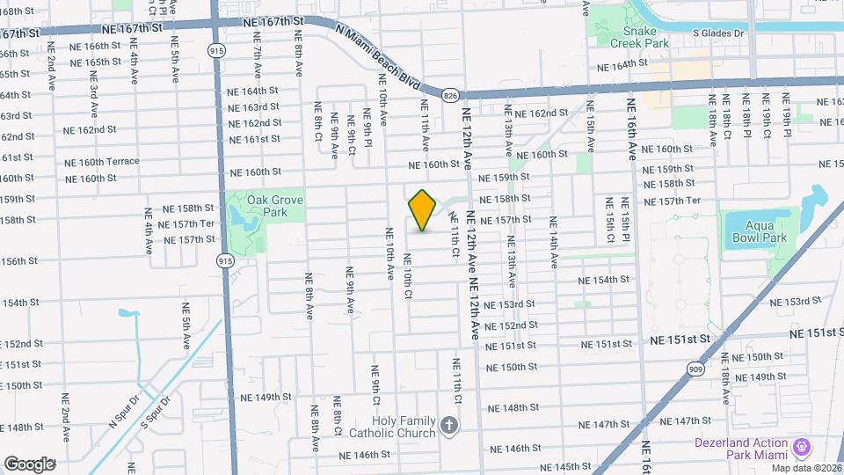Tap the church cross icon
[450, 427]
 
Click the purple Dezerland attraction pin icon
[802, 447]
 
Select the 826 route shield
[450, 94]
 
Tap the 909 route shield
[695, 369]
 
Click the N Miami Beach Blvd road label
[379, 55]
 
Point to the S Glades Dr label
[717, 33]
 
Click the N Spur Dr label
[124, 411]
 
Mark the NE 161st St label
[255, 139]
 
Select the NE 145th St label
[564, 466]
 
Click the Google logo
[29, 464]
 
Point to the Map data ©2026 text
[806, 467]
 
